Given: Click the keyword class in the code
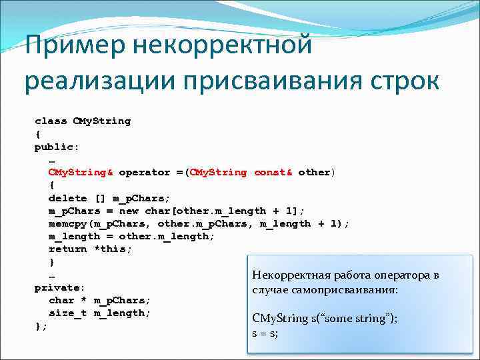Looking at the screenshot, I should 51,121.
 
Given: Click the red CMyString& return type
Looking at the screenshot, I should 81,172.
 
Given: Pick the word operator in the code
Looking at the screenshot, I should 145,172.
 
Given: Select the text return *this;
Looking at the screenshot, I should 90,249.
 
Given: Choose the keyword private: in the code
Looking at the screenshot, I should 60,287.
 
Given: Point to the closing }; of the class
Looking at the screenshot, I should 41,326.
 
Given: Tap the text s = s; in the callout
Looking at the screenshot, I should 265,332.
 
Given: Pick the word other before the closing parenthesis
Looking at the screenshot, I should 313,172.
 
